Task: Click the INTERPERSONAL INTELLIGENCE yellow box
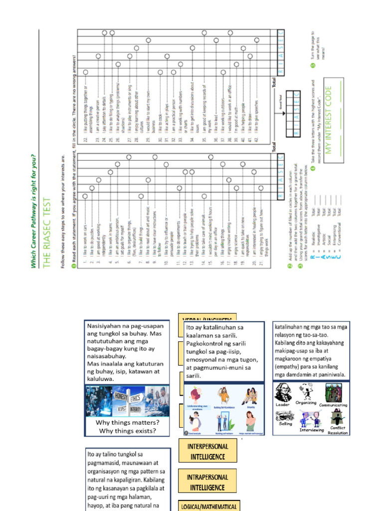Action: (x=207, y=452)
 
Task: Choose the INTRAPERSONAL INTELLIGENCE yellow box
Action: (x=207, y=483)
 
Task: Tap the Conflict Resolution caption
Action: (x=338, y=430)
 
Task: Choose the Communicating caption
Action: (x=333, y=405)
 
